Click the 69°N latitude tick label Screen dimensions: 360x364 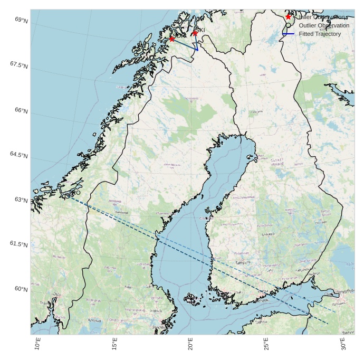[x=22, y=20]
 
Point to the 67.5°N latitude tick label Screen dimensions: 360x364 [x=19, y=64]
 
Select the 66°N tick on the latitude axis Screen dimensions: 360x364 [x=22, y=110]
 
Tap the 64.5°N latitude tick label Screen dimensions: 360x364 [x=19, y=155]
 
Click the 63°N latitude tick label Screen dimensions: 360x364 [x=22, y=200]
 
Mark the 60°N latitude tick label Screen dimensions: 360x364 [x=22, y=289]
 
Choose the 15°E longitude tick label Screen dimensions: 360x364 [x=114, y=345]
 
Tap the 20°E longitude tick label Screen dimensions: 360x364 [x=191, y=345]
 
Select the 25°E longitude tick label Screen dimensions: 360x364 [x=267, y=345]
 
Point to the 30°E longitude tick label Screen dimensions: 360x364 [x=343, y=345]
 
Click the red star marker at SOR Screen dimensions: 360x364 [x=172, y=39]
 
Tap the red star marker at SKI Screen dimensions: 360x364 [x=195, y=33]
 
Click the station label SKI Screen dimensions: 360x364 [x=200, y=30]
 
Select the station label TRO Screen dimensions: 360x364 [x=75, y=194]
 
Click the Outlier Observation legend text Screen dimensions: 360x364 [x=324, y=25]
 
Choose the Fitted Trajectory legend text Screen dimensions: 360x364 [x=320, y=34]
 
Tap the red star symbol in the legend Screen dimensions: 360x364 [x=288, y=17]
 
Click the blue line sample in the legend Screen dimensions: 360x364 [x=288, y=34]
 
